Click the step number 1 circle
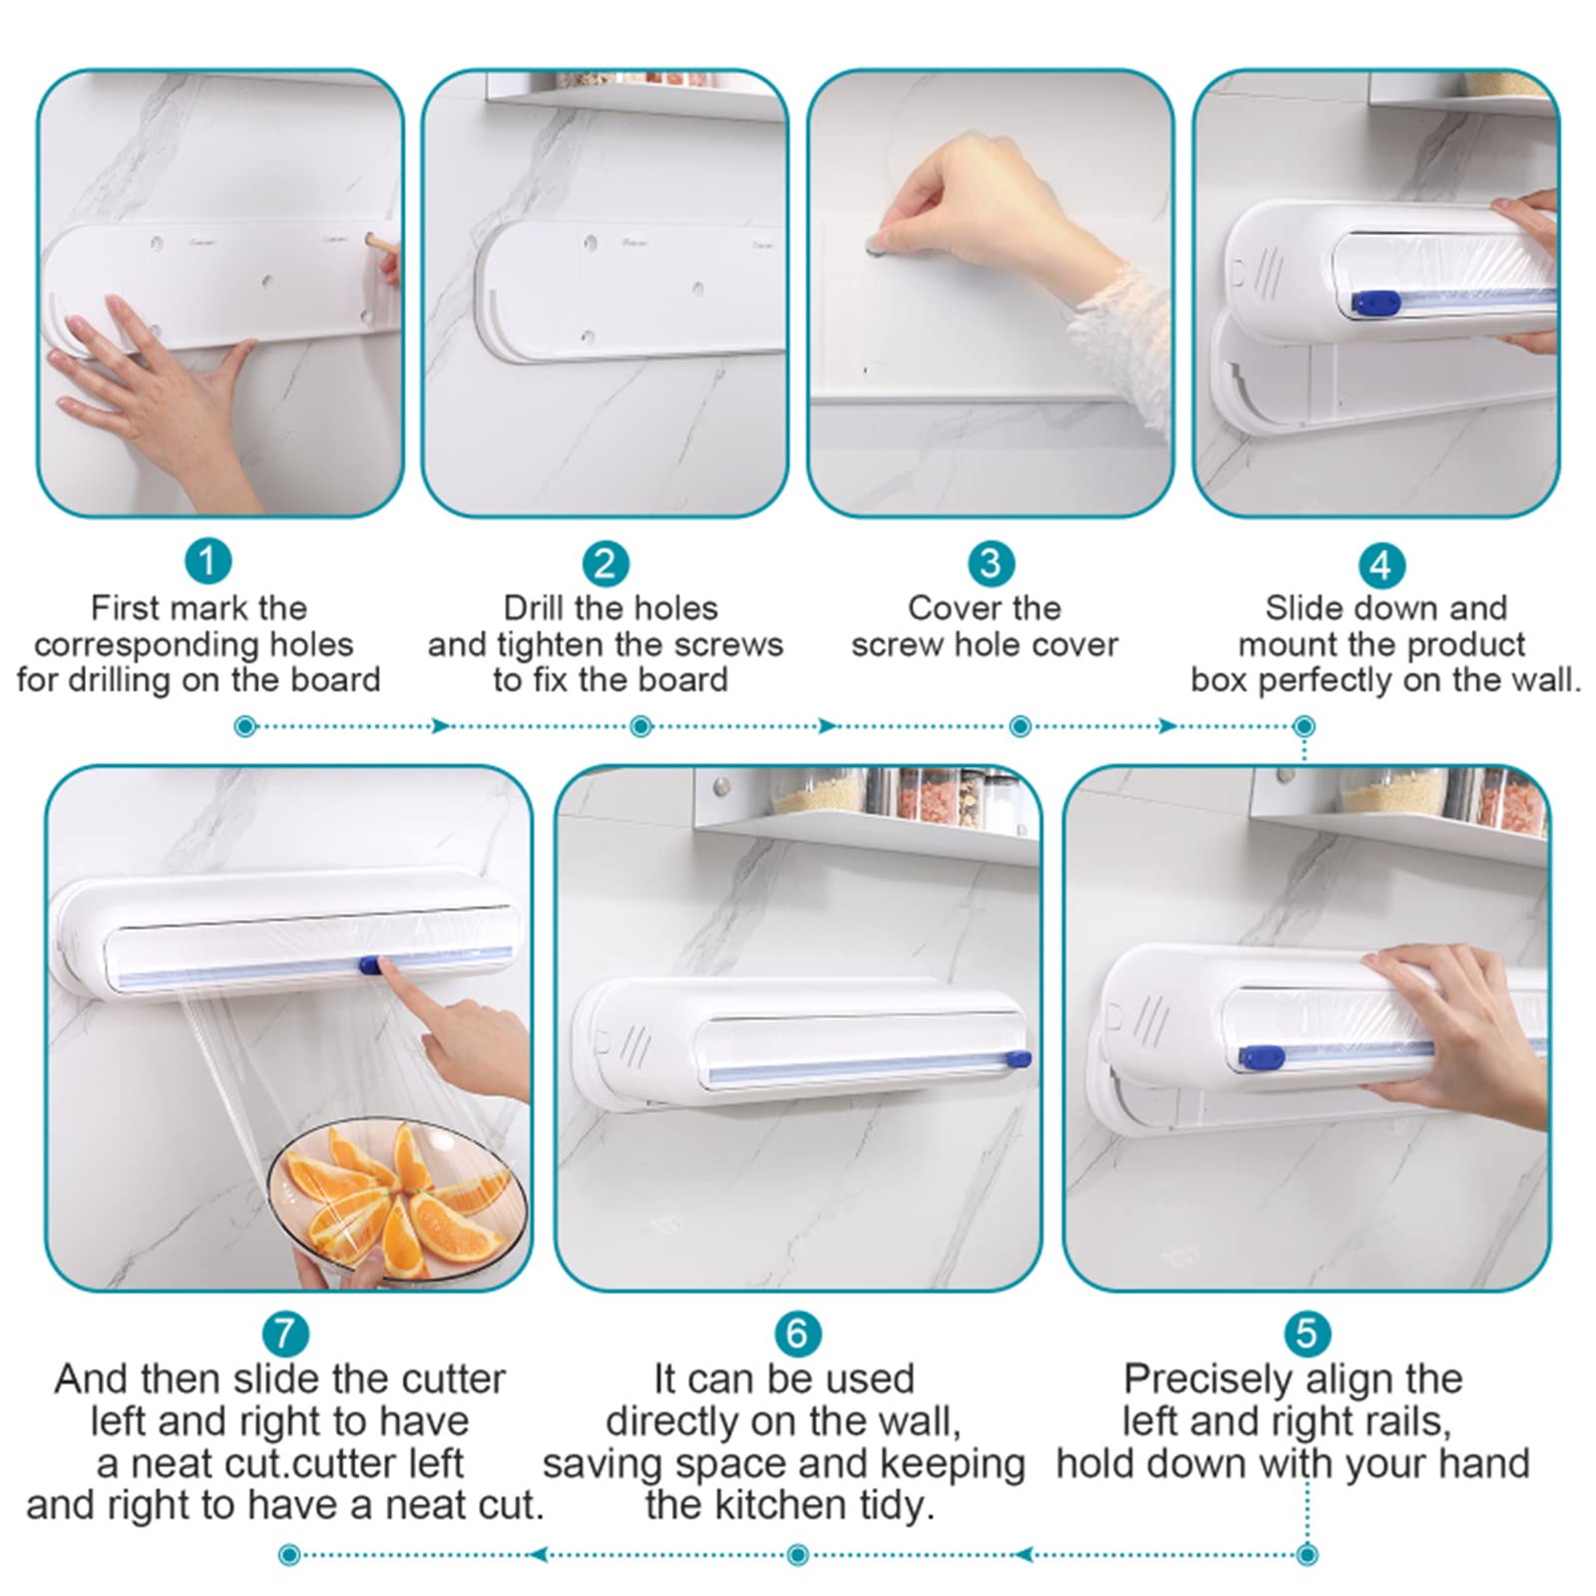click(x=207, y=562)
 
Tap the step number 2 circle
click(x=605, y=564)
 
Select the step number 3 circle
click(x=991, y=564)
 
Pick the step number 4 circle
click(x=1382, y=566)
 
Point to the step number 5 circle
click(x=1307, y=1333)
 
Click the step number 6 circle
click(x=797, y=1333)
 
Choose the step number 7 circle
click(x=285, y=1333)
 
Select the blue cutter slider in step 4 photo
click(x=1373, y=301)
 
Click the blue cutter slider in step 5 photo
click(x=1261, y=1056)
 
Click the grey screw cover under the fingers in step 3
click(x=874, y=241)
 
